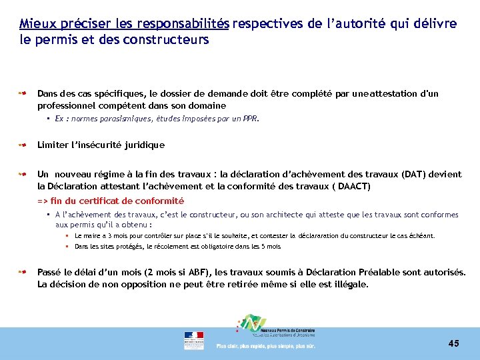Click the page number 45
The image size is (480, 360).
point(454,343)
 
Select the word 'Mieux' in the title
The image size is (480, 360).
point(35,24)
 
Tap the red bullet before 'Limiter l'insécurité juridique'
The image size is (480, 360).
point(23,144)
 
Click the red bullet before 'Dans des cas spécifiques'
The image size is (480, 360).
point(23,94)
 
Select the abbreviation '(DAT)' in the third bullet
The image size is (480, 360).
point(415,174)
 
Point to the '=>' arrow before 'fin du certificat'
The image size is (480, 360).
point(43,201)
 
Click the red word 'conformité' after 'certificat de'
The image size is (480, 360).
point(161,201)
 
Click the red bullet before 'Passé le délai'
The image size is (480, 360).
point(23,272)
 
